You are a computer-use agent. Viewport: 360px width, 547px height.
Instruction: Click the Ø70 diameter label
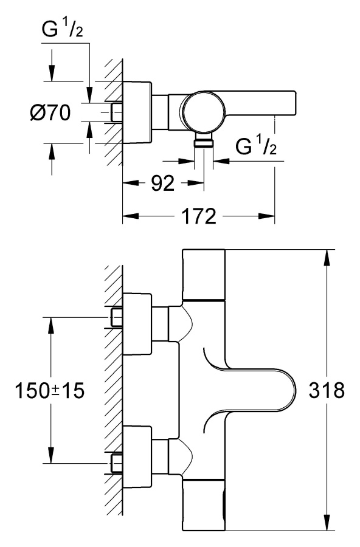(50, 112)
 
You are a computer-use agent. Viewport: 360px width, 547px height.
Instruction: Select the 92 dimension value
(163, 183)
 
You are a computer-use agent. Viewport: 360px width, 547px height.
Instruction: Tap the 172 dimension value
(199, 216)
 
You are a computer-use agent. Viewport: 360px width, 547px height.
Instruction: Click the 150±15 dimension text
(50, 390)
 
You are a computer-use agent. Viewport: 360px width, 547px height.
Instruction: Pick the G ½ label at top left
(62, 29)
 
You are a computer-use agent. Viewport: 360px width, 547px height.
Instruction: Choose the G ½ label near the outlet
(256, 146)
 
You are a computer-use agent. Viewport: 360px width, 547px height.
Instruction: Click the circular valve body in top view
(203, 112)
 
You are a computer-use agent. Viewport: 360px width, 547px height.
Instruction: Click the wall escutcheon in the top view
(137, 112)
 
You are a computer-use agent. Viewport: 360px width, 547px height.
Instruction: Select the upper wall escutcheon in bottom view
(137, 324)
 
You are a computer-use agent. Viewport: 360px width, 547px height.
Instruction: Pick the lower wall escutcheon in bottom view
(137, 456)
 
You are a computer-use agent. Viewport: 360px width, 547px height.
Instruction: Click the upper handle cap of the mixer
(203, 275)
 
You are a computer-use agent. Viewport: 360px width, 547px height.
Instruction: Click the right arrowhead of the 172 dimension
(266, 216)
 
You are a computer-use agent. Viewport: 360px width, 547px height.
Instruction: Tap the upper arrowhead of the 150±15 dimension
(51, 326)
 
